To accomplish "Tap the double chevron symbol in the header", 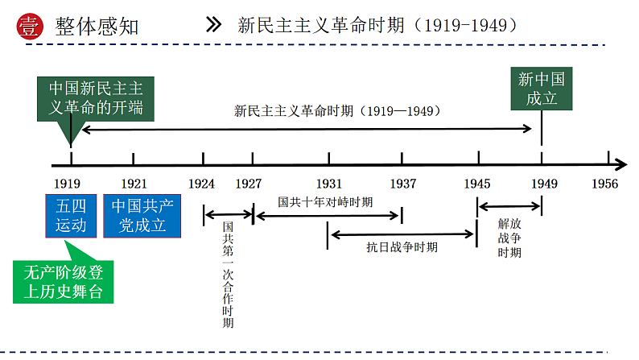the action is pos(214,24).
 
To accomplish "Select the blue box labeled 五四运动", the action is pos(71,215).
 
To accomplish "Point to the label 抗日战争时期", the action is pos(402,247).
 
